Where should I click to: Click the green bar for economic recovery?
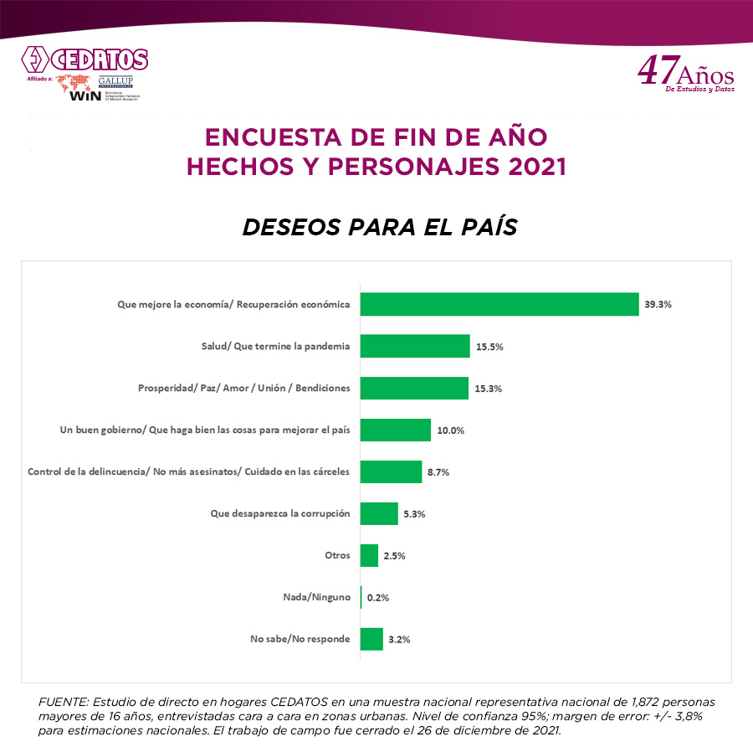pos(499,304)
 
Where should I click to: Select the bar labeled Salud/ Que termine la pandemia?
pos(415,346)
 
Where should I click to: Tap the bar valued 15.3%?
pos(414,388)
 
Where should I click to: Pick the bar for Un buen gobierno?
pos(396,430)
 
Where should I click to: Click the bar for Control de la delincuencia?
pos(391,471)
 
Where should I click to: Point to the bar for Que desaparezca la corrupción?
pos(379,513)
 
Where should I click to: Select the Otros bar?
pos(369,555)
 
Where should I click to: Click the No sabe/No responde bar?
pos(371,639)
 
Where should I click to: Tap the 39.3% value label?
pos(658,304)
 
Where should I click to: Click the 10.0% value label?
pos(450,430)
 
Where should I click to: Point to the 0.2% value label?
pos(378,598)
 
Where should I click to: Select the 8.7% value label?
pos(438,472)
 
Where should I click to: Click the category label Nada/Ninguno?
pos(318,598)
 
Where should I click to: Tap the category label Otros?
pos(337,556)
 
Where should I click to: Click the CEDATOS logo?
pos(85,60)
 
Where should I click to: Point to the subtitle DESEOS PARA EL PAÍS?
pos(379,227)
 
